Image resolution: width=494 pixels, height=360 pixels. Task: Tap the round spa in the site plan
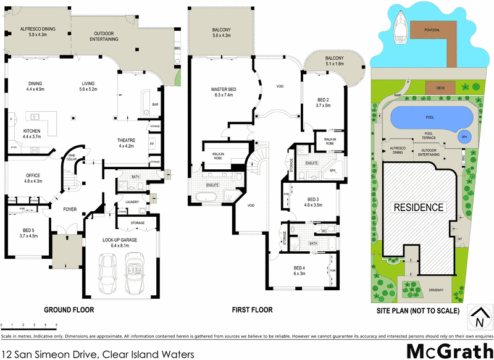click(464, 137)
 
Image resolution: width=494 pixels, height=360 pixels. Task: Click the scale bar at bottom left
click(29, 323)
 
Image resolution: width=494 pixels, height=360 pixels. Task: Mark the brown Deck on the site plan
click(440, 88)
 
